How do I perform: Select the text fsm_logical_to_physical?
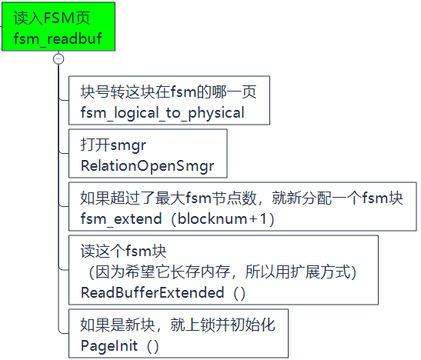pyautogui.click(x=162, y=113)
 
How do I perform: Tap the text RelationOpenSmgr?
pyautogui.click(x=147, y=165)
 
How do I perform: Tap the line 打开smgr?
pyautogui.click(x=113, y=145)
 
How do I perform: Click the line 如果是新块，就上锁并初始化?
pyautogui.click(x=177, y=325)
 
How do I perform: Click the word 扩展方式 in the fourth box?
pyautogui.click(x=326, y=272)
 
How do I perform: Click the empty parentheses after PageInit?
pyautogui.click(x=152, y=345)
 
